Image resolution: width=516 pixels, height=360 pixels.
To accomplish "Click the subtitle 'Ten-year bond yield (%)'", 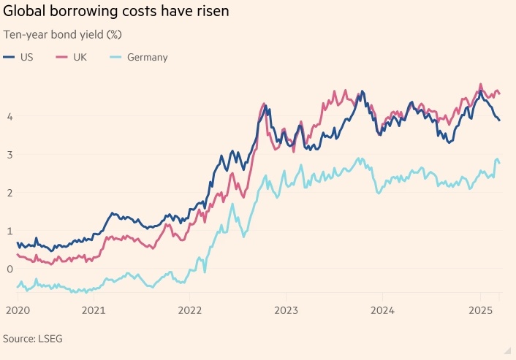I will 62,35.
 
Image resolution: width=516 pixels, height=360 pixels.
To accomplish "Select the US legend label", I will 26,57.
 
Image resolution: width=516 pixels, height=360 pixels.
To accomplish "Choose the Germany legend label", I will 148,57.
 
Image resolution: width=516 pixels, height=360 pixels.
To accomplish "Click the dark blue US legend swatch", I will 9,57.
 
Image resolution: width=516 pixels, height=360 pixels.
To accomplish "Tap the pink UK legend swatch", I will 62,57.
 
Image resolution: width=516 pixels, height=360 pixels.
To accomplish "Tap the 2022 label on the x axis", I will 189,310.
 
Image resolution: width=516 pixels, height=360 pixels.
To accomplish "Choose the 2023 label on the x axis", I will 286,310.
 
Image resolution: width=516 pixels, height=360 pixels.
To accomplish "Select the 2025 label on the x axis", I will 479,310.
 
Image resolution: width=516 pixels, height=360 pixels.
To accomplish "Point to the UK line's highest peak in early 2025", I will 480,84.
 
